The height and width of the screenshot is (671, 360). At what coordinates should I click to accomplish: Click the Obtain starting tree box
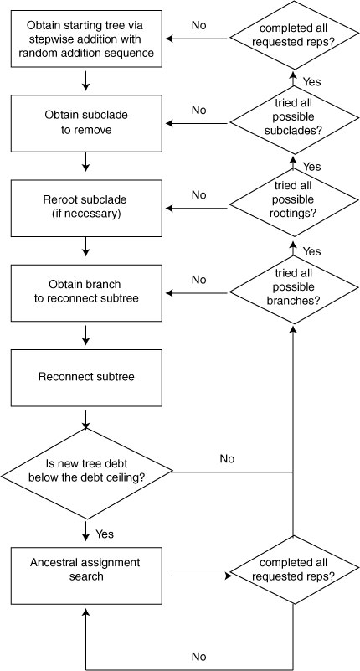[86, 39]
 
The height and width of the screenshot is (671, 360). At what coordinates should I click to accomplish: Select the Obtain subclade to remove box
[86, 123]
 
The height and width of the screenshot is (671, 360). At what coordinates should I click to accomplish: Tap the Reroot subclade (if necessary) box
[86, 208]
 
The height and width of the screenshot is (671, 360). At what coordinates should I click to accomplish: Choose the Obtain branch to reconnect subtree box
[86, 292]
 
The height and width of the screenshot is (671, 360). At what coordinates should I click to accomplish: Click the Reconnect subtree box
[86, 378]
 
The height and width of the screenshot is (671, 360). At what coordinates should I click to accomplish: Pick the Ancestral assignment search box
[86, 576]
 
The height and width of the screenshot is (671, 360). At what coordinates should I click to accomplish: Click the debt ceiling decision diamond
[86, 472]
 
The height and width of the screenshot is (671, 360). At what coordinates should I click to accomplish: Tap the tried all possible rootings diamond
[294, 200]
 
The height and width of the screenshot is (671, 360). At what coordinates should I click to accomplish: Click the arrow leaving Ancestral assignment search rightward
[201, 576]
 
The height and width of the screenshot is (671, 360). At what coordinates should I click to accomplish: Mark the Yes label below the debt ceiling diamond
[105, 534]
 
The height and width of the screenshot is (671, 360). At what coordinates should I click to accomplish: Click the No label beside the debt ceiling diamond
[227, 459]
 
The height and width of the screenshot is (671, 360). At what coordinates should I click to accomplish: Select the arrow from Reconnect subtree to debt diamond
[86, 420]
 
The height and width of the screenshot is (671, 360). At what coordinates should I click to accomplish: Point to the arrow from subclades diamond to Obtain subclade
[198, 123]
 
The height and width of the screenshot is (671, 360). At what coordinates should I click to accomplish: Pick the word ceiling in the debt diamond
[128, 477]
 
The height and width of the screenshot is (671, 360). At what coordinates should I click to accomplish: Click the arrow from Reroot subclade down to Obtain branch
[86, 247]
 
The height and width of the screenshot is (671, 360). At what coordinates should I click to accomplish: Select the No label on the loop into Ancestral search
[198, 657]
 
